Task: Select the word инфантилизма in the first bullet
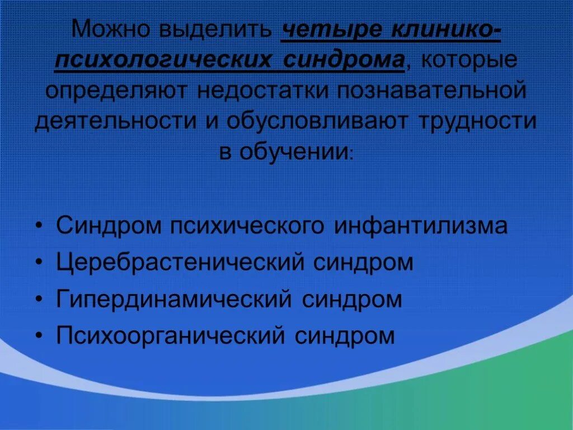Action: point(421,226)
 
